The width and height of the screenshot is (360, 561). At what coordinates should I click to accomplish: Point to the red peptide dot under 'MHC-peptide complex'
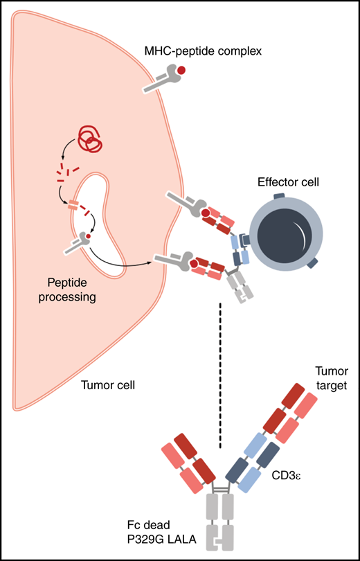(x=181, y=71)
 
